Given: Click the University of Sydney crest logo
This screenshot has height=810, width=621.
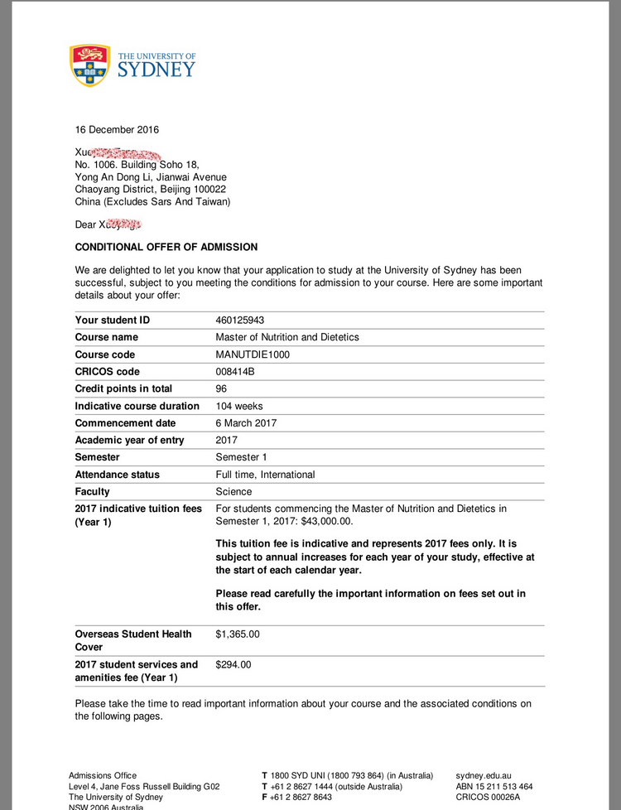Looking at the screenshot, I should (x=90, y=65).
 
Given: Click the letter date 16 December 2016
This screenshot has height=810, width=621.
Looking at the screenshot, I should (x=117, y=129).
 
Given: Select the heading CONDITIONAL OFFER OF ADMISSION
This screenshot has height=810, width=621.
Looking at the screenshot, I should (x=166, y=247).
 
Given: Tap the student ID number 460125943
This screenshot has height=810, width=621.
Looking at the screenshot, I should (x=240, y=321).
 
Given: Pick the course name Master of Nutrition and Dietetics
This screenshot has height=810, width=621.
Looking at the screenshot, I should (x=287, y=337).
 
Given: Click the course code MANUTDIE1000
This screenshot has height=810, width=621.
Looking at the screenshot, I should (x=253, y=354).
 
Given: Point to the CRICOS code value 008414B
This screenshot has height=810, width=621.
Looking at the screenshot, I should (x=235, y=372).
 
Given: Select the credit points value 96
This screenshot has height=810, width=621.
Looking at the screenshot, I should (x=221, y=388).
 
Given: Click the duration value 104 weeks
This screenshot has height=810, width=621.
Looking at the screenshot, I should (x=238, y=406).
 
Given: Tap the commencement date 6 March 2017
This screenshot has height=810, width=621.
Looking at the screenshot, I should (x=246, y=423).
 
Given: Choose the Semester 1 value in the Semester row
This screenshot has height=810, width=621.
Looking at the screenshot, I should (x=240, y=457).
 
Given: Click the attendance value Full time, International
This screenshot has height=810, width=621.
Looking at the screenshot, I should (x=265, y=475).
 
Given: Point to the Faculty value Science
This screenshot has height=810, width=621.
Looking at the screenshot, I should (x=233, y=492).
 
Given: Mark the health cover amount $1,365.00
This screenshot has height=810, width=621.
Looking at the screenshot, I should (x=238, y=634).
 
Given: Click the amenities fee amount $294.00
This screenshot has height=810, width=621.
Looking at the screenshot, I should (x=233, y=664).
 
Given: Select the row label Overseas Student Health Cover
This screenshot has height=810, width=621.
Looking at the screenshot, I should (x=133, y=640).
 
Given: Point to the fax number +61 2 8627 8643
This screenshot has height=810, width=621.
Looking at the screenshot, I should (x=302, y=797).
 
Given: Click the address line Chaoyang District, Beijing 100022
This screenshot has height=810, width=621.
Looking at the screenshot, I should (x=151, y=189).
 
